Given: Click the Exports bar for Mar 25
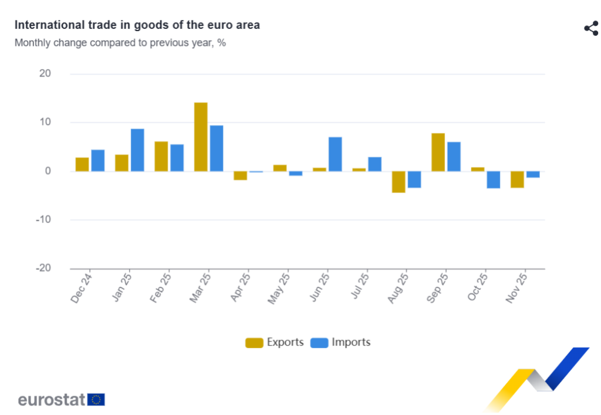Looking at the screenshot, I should (x=201, y=137).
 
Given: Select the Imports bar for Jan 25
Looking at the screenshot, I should (x=137, y=150).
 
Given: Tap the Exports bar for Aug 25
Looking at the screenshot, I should (x=399, y=182).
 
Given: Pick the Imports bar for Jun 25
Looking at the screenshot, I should (x=335, y=154).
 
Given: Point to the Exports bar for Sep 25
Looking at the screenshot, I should (x=438, y=152).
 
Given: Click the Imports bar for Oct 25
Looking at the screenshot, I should (x=493, y=180).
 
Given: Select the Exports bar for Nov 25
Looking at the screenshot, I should (x=517, y=180).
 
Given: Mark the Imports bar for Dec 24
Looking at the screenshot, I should (x=98, y=160).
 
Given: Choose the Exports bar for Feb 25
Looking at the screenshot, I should (x=161, y=156).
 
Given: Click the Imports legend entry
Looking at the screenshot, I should (x=340, y=342).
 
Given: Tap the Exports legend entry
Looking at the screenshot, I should (x=275, y=342).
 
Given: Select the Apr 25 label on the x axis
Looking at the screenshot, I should (x=241, y=287).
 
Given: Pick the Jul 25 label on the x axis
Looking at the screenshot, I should (x=359, y=287).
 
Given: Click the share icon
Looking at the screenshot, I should (x=590, y=28).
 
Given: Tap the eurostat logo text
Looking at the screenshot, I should (x=52, y=400).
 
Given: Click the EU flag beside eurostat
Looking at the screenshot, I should (x=96, y=400).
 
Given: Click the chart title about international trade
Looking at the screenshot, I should (x=137, y=25).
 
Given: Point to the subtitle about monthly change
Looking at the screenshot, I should (x=120, y=43).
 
